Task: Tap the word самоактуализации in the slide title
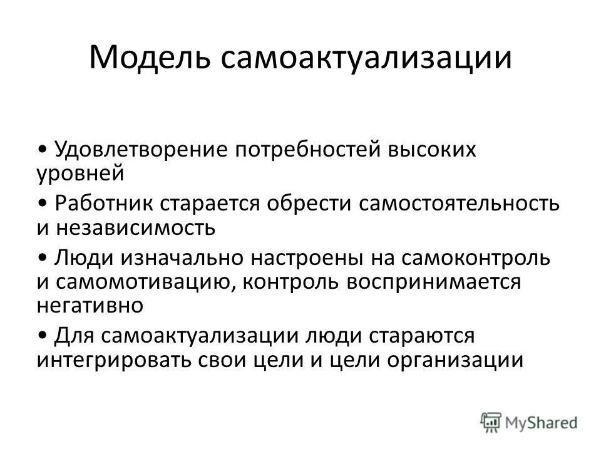(x=366, y=59)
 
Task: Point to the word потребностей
(x=304, y=150)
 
